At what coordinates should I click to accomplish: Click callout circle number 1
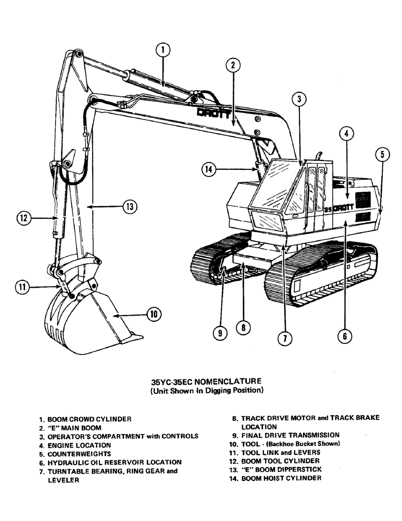pos(163,50)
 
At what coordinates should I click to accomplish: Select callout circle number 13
pos(129,206)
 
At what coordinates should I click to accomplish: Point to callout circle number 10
pos(154,314)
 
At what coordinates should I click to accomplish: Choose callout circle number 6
pos(344,336)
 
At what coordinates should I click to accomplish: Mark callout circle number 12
pos(23,219)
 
